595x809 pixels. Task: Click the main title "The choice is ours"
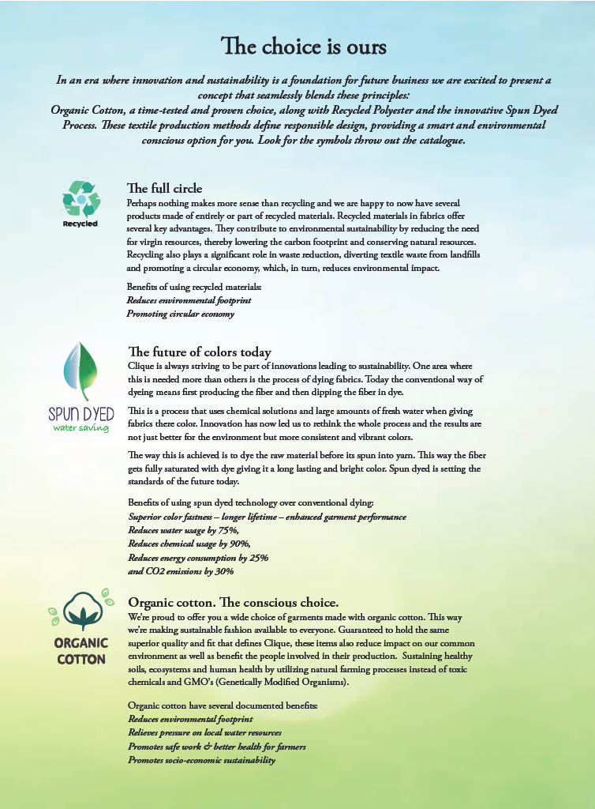tap(304, 47)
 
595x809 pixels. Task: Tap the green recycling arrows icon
tap(80, 199)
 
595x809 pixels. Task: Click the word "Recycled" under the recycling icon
tap(80, 224)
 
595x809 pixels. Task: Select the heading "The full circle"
tap(164, 188)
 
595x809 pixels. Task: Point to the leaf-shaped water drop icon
tap(80, 371)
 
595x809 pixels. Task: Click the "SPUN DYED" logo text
tap(81, 413)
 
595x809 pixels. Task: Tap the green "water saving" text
tap(80, 428)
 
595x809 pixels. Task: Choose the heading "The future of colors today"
tap(199, 352)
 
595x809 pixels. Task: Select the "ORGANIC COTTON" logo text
tap(80, 651)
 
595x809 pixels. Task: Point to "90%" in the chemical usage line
tap(239, 544)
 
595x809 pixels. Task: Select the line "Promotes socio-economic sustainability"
tap(201, 760)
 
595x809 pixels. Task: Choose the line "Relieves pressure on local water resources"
tap(204, 733)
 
